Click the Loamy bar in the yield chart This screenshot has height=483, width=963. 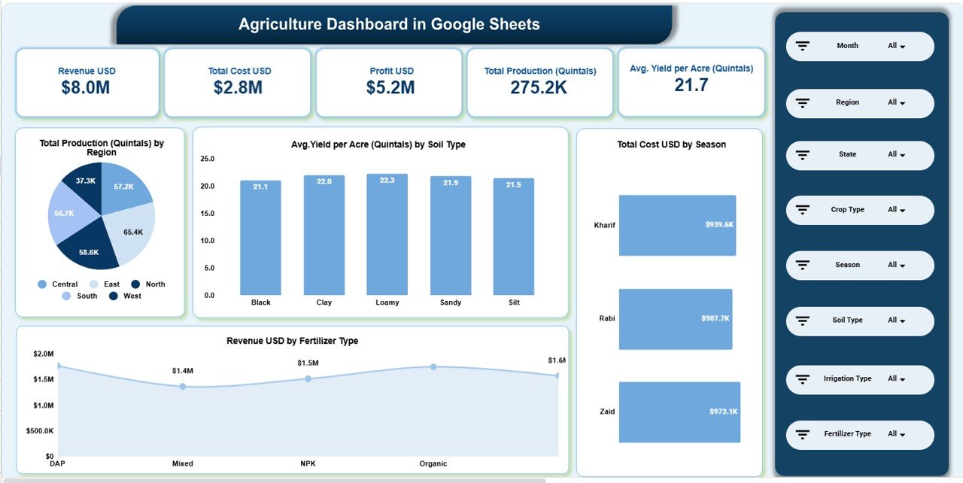387,235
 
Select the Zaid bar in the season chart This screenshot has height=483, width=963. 679,412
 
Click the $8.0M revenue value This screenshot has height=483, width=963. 86,87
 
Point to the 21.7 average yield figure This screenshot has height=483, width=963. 691,85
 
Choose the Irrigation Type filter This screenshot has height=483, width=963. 859,379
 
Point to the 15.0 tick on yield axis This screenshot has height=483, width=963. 207,214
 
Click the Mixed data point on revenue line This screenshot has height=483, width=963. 182,387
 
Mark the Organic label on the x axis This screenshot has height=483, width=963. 433,463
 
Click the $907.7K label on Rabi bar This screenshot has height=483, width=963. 715,318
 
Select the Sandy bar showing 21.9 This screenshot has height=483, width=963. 451,235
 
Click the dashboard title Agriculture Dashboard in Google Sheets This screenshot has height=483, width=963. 389,24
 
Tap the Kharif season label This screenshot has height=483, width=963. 604,225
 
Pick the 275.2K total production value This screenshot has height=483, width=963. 539,87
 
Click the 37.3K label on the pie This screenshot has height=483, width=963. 85,181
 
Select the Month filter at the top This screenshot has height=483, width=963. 859,46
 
